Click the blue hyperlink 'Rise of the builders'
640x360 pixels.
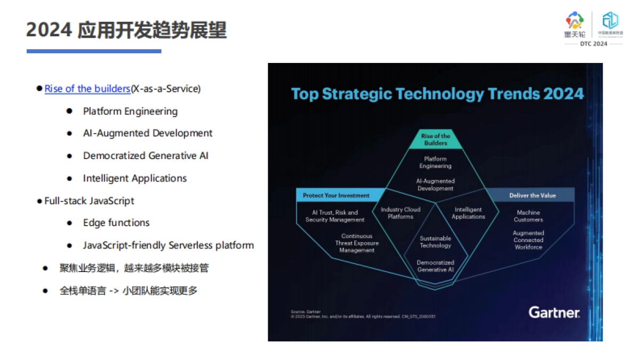pos(87,89)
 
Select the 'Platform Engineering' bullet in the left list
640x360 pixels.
pos(130,111)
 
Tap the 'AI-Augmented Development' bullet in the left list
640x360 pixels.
pos(148,133)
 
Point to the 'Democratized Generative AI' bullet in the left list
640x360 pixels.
pos(146,156)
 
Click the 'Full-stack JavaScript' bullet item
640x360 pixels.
pos(89,201)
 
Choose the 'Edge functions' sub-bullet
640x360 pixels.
pos(116,223)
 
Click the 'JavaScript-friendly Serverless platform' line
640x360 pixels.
pos(168,246)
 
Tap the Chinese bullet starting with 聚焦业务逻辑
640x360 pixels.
pos(134,268)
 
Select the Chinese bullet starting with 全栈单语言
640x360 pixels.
pos(128,291)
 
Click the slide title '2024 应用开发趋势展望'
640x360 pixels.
pos(126,30)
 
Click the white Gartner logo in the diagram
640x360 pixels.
pos(554,312)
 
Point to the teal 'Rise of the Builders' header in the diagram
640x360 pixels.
pos(436,139)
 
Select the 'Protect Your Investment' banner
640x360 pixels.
pos(336,196)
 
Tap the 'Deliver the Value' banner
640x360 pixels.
pos(532,196)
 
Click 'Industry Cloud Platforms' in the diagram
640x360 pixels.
pos(401,213)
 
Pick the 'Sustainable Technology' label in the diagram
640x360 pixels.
pos(435,242)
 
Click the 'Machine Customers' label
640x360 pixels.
pos(529,216)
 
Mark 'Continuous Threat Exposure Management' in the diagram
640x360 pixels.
pos(357,243)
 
